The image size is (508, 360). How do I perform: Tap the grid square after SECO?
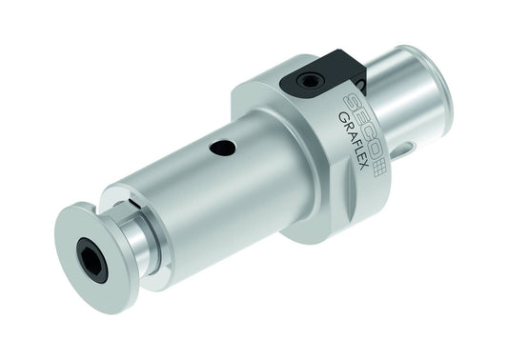[x=378, y=170]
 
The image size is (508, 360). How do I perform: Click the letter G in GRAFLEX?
[x=343, y=116]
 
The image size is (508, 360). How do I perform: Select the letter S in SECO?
[x=349, y=101]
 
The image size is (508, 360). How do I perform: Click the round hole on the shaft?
[x=222, y=148]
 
